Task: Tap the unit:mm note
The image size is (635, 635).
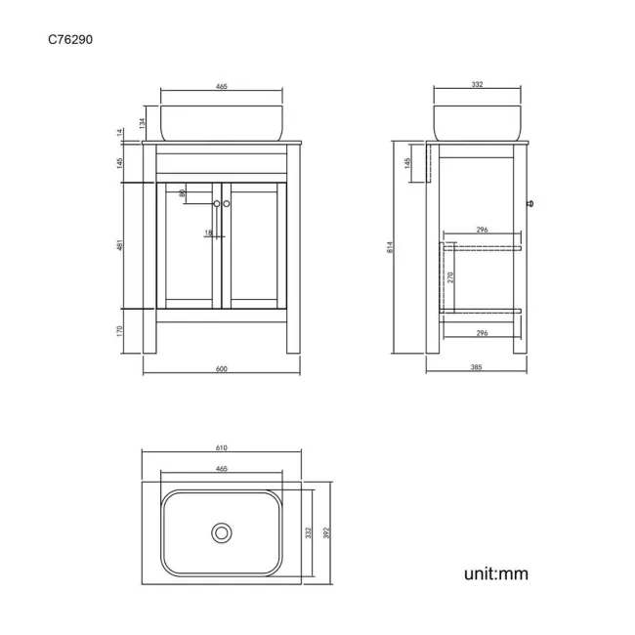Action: click(x=495, y=573)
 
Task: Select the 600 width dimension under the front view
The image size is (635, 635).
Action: click(x=221, y=368)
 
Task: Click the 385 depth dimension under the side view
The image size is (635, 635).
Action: click(x=477, y=368)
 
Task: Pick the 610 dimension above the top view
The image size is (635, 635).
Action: click(x=221, y=447)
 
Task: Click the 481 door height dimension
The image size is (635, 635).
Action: click(x=119, y=247)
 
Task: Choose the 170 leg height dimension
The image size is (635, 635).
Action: click(x=119, y=331)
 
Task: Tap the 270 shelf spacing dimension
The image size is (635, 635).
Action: click(x=449, y=276)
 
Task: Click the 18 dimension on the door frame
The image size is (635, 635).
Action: click(x=208, y=233)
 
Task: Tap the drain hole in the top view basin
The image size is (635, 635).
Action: click(x=222, y=532)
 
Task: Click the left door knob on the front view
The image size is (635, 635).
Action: click(x=216, y=203)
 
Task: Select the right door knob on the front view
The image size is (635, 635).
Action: click(x=227, y=203)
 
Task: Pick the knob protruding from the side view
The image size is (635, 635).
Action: click(x=529, y=203)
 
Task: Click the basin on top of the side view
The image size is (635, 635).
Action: click(x=477, y=122)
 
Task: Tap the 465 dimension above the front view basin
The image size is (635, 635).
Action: click(x=221, y=87)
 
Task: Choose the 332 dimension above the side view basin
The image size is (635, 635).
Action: click(x=477, y=86)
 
